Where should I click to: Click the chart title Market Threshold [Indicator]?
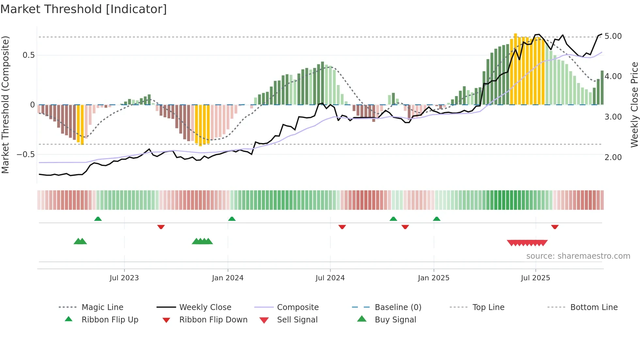[84, 9]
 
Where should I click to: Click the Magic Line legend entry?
[102, 307]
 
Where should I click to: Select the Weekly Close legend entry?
[205, 307]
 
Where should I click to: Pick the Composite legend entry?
[297, 307]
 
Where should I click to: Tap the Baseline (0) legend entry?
[398, 307]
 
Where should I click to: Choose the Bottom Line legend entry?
[594, 307]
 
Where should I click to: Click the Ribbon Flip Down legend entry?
[213, 319]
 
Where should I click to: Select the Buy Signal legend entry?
[395, 319]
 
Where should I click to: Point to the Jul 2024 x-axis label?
[330, 278]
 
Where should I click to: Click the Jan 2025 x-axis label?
[433, 278]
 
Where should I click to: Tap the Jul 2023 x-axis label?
[124, 278]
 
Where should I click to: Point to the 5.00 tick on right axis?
[613, 36]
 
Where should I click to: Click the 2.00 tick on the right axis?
[613, 157]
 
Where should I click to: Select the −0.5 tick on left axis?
[25, 154]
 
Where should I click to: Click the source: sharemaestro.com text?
[578, 256]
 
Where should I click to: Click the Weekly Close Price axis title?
[634, 105]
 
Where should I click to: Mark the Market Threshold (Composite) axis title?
[5, 105]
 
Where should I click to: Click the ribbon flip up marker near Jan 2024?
[232, 219]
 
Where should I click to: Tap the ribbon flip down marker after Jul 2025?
[555, 227]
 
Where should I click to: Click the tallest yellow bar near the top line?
[515, 69]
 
